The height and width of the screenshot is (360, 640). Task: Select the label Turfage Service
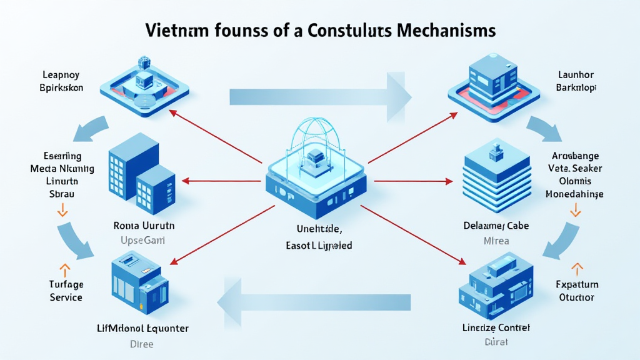pyautogui.click(x=66, y=291)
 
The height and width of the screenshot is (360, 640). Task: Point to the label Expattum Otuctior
pyautogui.click(x=577, y=291)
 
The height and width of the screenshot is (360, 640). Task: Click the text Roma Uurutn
pyautogui.click(x=144, y=226)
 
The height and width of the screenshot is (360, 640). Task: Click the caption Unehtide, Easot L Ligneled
pyautogui.click(x=319, y=238)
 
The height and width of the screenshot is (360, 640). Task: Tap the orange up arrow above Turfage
pyautogui.click(x=63, y=270)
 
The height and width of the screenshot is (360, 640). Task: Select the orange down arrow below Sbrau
pyautogui.click(x=62, y=212)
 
